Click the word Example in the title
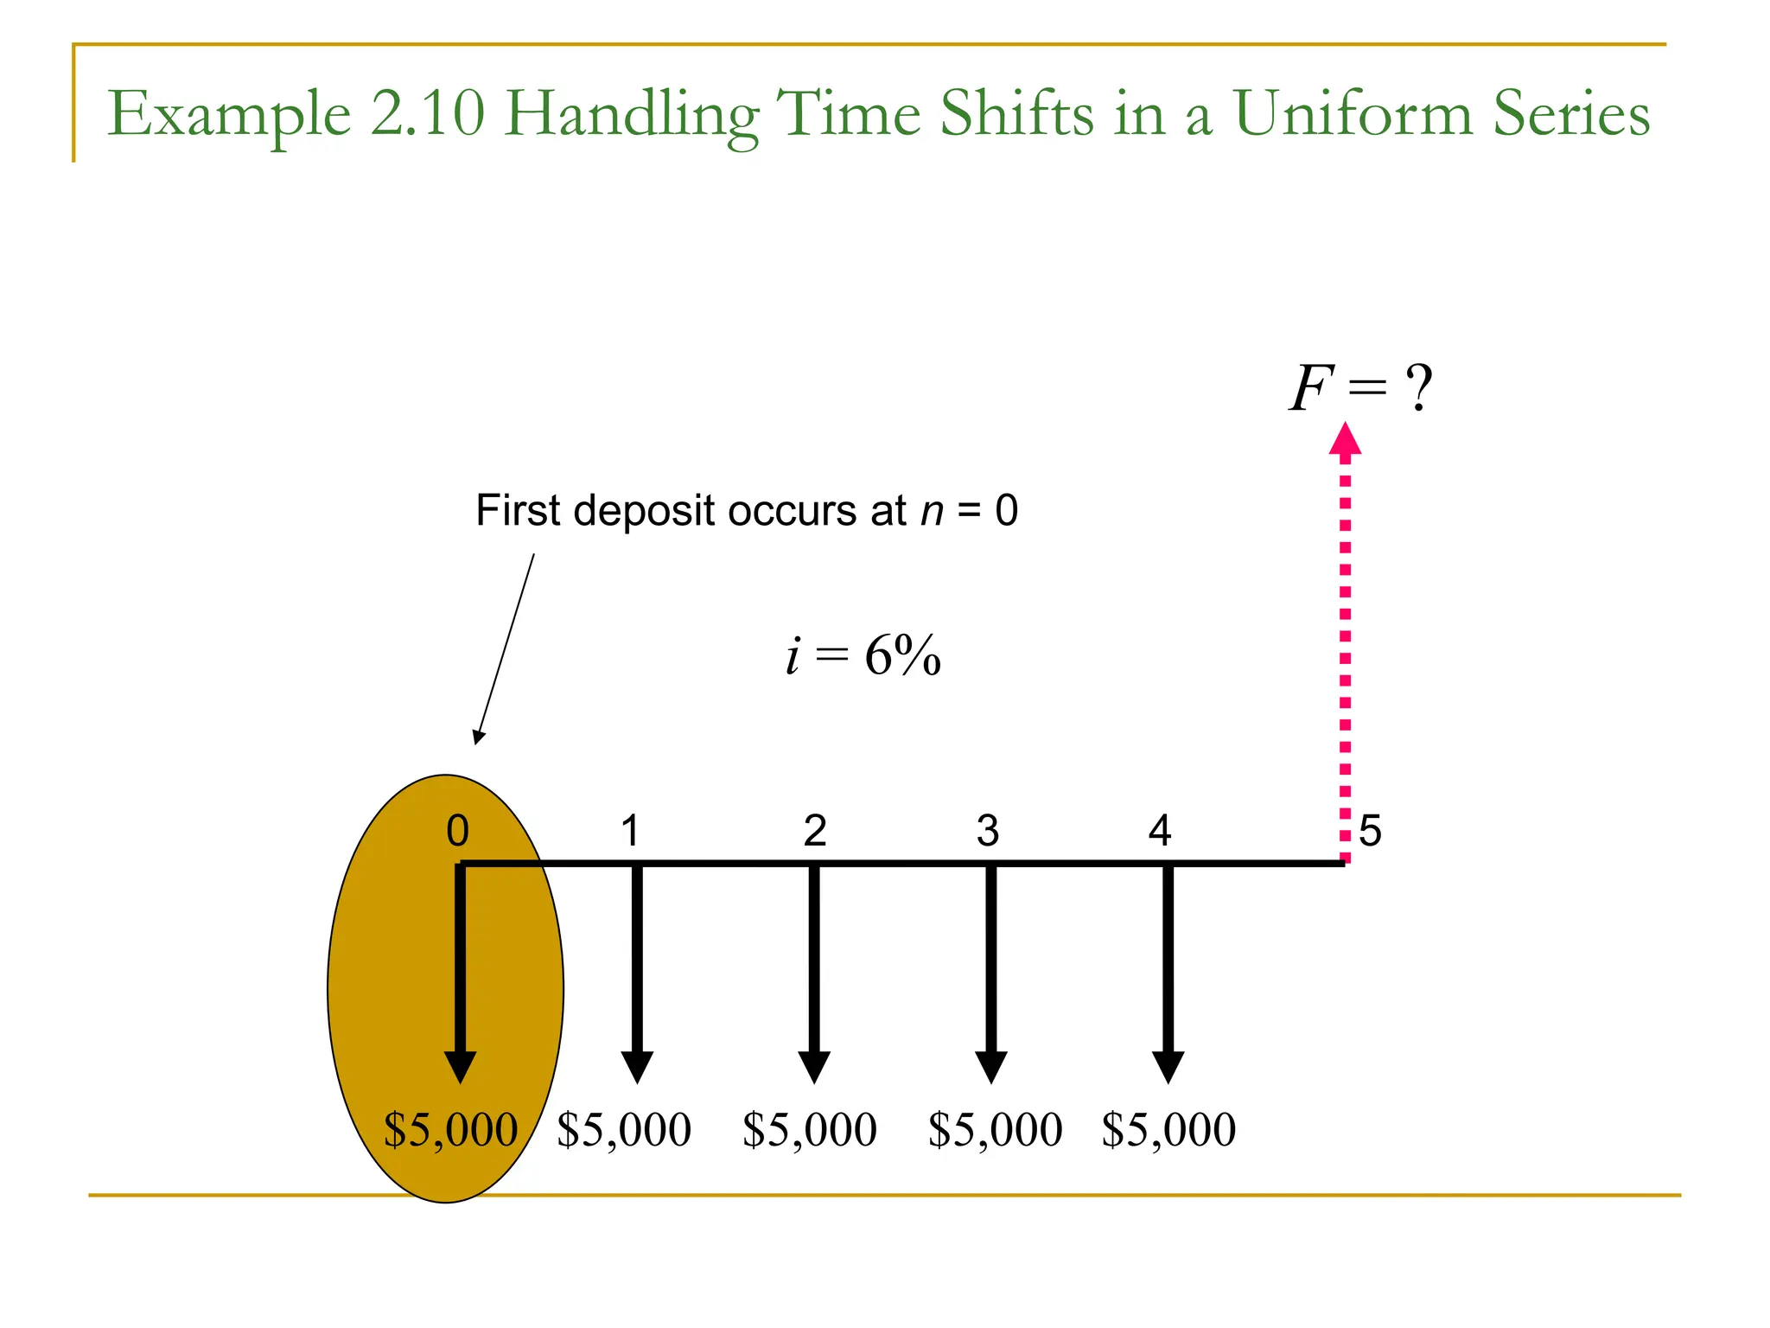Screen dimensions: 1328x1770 tap(229, 115)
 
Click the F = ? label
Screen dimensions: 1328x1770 tap(1359, 388)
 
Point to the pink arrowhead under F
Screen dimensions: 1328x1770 tap(1345, 438)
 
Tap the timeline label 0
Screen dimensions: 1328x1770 tap(457, 831)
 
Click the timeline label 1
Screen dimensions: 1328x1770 tap(630, 831)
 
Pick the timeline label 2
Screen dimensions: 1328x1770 tap(815, 831)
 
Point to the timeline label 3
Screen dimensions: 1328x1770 tap(988, 831)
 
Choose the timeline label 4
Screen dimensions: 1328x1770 tap(1160, 831)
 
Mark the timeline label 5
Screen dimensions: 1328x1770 tap(1370, 831)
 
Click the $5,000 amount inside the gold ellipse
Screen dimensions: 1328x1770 tap(450, 1129)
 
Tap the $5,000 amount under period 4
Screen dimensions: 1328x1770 tap(1168, 1129)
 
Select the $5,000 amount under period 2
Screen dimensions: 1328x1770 tap(810, 1129)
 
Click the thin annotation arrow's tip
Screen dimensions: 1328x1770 tap(476, 741)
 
